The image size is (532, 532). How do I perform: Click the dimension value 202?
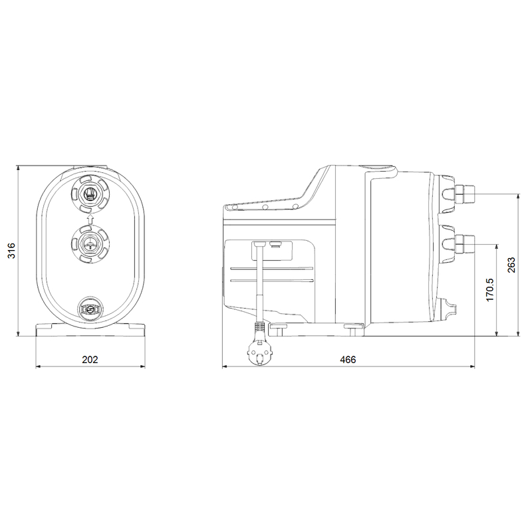pyautogui.click(x=90, y=358)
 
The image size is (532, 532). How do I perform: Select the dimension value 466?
pyautogui.click(x=348, y=358)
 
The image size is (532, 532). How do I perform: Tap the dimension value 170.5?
pyautogui.click(x=489, y=291)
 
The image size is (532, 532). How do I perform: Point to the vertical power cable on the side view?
pyautogui.click(x=258, y=286)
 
